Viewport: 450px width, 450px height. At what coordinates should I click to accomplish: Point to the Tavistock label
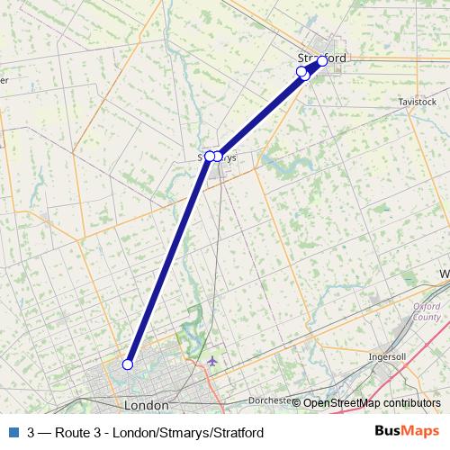[417, 103]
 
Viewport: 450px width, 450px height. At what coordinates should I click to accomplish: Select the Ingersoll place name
[388, 356]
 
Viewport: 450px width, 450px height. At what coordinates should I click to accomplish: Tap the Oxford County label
[427, 311]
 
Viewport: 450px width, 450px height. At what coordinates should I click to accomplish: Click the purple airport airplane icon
[211, 362]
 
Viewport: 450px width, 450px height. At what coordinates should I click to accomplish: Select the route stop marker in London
[128, 364]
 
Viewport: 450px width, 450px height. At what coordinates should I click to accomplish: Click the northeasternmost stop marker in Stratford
[322, 61]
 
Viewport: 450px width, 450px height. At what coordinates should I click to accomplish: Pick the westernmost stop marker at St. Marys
[209, 157]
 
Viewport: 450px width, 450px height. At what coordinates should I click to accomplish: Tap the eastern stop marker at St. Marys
[218, 157]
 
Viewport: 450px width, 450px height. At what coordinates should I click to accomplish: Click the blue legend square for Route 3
[13, 431]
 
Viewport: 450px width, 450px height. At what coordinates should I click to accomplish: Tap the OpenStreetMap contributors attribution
[371, 402]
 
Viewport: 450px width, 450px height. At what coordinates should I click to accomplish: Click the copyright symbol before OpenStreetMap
[296, 402]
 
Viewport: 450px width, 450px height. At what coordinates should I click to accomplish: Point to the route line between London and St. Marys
[168, 261]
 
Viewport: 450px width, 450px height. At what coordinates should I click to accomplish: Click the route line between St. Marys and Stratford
[261, 112]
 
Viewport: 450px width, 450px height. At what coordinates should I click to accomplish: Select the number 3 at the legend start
[32, 431]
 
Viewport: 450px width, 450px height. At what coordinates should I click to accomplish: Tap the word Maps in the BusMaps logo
[419, 430]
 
